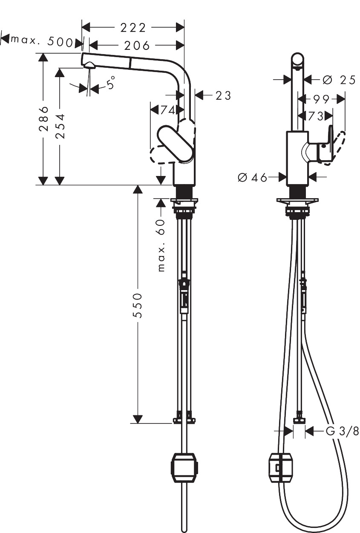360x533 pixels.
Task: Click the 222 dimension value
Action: point(133,28)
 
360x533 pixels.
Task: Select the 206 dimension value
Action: point(137,46)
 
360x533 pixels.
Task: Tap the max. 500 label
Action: point(41,41)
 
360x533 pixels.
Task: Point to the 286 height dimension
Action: point(43,118)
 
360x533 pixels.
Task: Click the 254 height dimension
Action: point(60,126)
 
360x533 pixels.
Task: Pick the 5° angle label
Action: point(111,83)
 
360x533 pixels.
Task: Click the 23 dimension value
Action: point(223,96)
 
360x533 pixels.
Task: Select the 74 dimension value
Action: point(168,110)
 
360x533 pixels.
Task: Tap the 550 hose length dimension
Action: point(138,305)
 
